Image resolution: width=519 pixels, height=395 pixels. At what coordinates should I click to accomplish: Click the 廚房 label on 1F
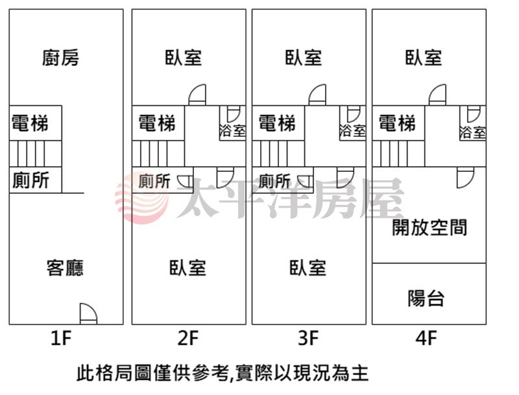click(60, 58)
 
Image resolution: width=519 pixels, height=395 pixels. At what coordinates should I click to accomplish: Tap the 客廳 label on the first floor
click(66, 268)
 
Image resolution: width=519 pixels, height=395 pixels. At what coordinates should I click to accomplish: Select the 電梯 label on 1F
click(30, 123)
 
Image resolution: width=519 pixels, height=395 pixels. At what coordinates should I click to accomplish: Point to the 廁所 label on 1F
click(30, 180)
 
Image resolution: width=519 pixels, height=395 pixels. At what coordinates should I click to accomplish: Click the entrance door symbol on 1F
click(89, 314)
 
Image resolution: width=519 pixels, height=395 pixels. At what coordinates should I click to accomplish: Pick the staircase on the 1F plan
click(36, 154)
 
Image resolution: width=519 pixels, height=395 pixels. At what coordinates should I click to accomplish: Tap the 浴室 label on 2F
click(232, 130)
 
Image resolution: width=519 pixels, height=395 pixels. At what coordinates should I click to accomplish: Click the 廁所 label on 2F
click(154, 180)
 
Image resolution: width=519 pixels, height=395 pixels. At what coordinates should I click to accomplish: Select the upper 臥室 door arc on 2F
click(197, 95)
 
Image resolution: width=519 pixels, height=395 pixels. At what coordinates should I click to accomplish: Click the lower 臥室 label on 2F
click(188, 268)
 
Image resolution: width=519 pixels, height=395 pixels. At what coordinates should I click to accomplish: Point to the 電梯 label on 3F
click(277, 123)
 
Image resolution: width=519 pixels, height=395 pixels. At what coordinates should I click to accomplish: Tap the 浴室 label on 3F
click(352, 130)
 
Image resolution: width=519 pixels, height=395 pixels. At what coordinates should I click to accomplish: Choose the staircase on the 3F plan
click(278, 154)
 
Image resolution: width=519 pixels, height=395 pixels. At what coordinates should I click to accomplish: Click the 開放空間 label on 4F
click(429, 227)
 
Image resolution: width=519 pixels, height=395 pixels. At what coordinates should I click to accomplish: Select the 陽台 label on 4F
click(426, 298)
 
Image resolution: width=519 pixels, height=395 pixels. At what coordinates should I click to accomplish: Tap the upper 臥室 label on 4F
click(424, 57)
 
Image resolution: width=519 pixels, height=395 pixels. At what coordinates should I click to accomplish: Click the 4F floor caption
click(426, 338)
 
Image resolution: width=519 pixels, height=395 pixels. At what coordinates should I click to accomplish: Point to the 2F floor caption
click(188, 338)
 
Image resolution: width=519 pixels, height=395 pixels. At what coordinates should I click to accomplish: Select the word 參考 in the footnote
click(210, 373)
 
